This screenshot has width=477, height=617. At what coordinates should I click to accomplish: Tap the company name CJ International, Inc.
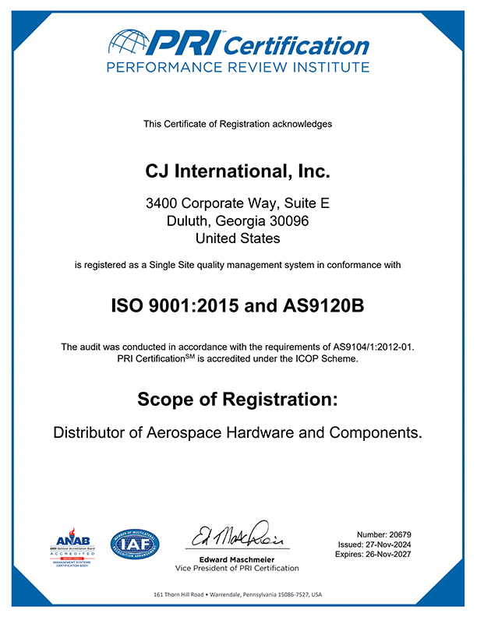pos(238,168)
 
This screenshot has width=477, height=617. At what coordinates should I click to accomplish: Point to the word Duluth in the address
pos(189,220)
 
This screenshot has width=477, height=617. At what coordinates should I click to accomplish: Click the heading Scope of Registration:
pos(238,400)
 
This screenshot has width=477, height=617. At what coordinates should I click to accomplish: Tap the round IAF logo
pos(135,542)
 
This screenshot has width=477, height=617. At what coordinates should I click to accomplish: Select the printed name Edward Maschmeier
pos(238,560)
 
